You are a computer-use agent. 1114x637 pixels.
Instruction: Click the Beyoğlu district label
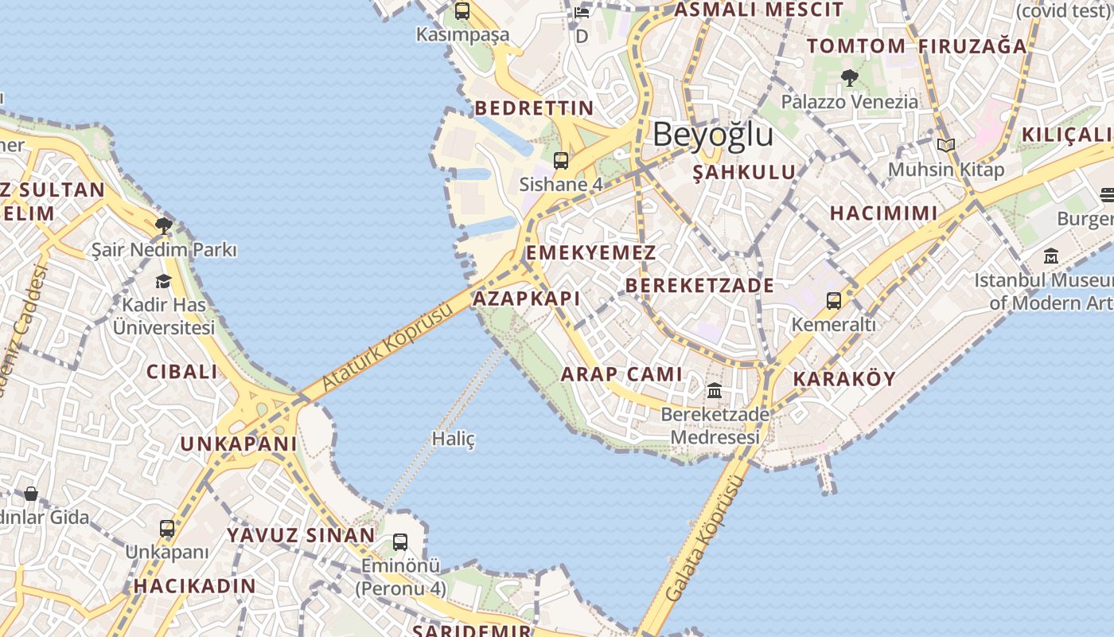[713, 135]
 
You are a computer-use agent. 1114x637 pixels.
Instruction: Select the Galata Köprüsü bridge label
[705, 538]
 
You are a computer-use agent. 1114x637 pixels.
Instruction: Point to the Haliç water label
[453, 439]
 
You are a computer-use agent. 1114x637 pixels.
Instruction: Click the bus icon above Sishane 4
[561, 161]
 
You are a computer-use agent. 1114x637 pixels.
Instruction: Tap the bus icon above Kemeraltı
[833, 301]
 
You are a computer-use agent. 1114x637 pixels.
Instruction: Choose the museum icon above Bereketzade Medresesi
[715, 391]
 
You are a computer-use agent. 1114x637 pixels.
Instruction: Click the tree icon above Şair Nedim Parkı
[164, 226]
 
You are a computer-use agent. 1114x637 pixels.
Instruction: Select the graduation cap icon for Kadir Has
[164, 281]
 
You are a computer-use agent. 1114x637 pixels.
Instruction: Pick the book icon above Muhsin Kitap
[945, 145]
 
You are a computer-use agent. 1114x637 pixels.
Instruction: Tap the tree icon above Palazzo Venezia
[849, 78]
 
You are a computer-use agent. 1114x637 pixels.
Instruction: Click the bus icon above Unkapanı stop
[167, 528]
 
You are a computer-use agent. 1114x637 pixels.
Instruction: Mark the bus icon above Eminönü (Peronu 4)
[400, 542]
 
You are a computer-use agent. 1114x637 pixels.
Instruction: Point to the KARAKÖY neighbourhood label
[845, 378]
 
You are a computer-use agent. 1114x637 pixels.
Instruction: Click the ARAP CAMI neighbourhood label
[622, 374]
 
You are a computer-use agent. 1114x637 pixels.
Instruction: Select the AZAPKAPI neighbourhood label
[527, 299]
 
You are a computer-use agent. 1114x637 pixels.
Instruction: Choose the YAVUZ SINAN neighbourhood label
[301, 535]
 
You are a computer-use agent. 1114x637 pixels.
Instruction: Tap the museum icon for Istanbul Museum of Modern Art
[1051, 256]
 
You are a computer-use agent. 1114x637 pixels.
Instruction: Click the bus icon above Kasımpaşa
[462, 11]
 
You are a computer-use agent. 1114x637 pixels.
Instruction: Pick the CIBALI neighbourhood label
[181, 371]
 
